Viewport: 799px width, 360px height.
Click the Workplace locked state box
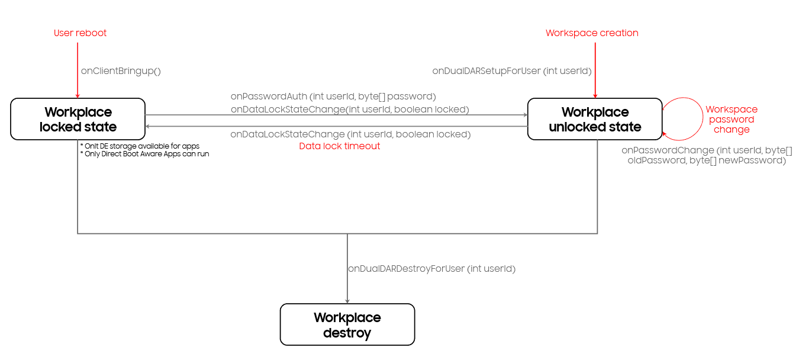(x=78, y=119)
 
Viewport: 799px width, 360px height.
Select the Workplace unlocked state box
(x=595, y=119)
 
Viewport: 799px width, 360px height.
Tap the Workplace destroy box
(x=347, y=324)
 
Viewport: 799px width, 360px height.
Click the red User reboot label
(x=80, y=33)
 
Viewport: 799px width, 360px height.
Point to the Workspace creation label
(x=592, y=33)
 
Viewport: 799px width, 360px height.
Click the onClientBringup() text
(x=121, y=71)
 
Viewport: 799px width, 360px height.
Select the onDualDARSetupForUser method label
(x=512, y=71)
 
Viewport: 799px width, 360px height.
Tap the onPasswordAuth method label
(x=333, y=96)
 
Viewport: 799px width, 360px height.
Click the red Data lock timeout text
(x=340, y=146)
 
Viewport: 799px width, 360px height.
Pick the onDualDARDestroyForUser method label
(x=431, y=269)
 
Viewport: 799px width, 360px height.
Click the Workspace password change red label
(x=732, y=120)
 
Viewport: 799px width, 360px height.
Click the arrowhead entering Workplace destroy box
(x=347, y=301)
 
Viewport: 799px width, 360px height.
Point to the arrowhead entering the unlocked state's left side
(x=524, y=115)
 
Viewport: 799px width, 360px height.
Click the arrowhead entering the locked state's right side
(x=149, y=126)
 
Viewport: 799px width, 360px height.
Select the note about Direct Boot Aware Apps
(x=144, y=154)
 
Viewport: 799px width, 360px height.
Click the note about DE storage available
(x=140, y=146)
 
